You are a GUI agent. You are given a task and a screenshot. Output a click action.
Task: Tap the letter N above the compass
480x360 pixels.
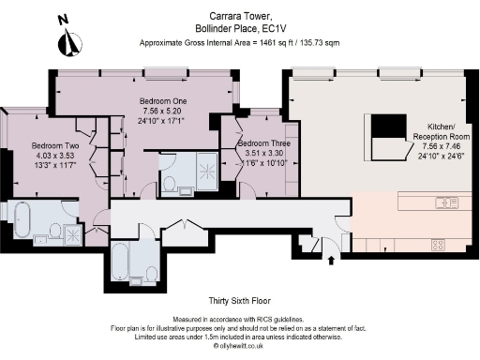(63, 19)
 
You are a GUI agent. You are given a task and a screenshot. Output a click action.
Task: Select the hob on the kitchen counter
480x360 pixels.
(437, 245)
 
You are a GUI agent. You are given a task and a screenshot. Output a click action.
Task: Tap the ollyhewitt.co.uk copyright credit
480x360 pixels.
(239, 346)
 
